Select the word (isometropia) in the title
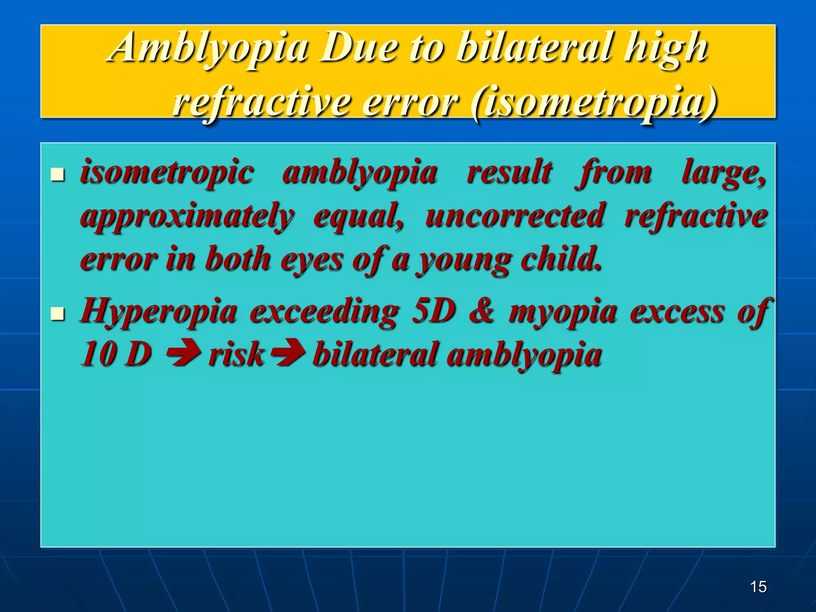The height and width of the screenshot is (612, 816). click(x=594, y=103)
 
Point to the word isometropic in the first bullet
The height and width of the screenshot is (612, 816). click(x=167, y=172)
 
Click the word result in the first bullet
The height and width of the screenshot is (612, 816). click(x=510, y=172)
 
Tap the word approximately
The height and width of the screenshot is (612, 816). click(x=187, y=216)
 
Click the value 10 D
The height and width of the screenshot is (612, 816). click(x=116, y=354)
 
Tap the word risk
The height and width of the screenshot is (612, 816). click(x=236, y=354)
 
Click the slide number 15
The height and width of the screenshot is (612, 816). click(x=758, y=587)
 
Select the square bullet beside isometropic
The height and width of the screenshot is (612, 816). click(x=58, y=174)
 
